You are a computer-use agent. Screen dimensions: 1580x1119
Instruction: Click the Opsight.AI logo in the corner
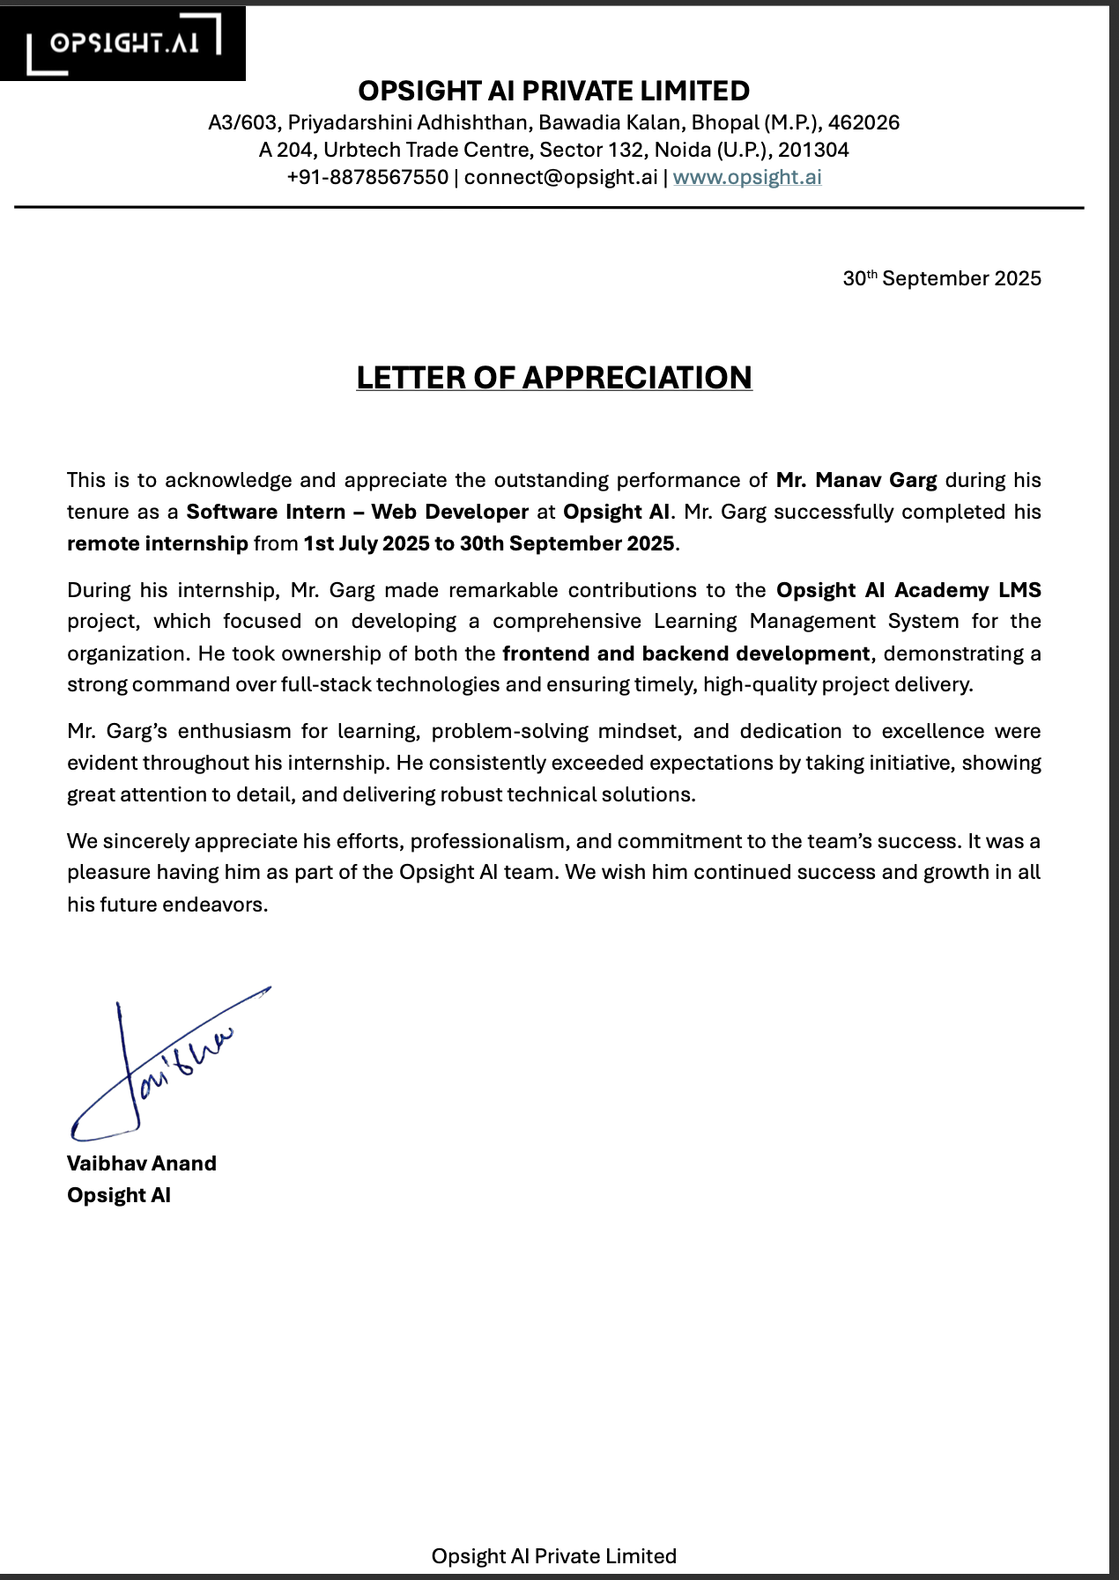[x=123, y=43]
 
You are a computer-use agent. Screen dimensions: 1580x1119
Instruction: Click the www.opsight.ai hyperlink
[x=747, y=177]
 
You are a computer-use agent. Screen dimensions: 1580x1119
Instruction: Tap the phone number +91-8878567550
[x=367, y=177]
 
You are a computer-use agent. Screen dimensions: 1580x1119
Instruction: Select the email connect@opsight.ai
[x=560, y=177]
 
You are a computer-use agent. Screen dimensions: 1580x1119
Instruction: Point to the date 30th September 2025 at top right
[x=942, y=278]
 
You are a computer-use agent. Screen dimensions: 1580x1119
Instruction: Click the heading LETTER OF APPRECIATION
[x=554, y=378]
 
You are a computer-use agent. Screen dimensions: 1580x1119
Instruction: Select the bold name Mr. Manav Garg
[x=856, y=480]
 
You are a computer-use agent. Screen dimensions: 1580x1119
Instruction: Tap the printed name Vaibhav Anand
[x=142, y=1163]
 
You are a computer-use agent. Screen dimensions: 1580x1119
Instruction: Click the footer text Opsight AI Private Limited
[x=554, y=1556]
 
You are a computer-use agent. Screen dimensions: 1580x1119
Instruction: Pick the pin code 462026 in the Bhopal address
[x=863, y=122]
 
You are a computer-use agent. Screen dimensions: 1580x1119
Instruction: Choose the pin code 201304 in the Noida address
[x=813, y=150]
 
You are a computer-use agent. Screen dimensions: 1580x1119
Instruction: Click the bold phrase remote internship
[x=158, y=543]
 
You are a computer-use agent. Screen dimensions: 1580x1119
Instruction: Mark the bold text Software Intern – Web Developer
[x=357, y=512]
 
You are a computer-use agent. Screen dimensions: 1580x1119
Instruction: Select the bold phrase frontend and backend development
[x=686, y=653]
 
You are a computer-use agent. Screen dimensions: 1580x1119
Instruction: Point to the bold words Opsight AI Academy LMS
[x=908, y=590]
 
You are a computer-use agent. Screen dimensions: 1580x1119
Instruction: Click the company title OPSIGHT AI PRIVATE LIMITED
[x=554, y=91]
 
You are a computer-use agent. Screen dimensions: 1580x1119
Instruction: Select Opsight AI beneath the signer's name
[x=119, y=1195]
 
